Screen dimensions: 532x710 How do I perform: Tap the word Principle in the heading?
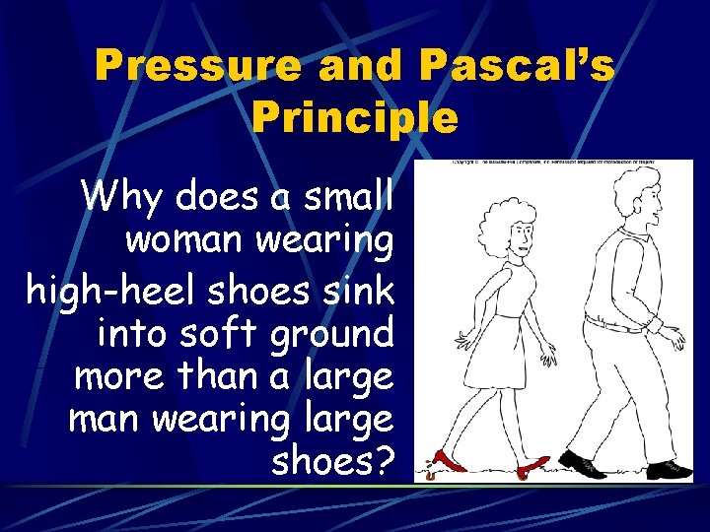(355, 118)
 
